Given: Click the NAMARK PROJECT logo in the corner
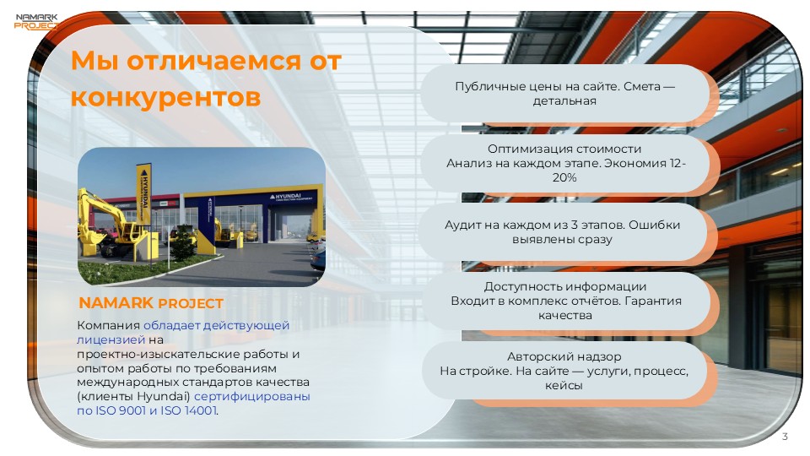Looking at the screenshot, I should coord(35,20).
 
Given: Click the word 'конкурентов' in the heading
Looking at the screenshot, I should coord(165,97).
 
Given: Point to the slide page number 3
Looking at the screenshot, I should coord(785,437).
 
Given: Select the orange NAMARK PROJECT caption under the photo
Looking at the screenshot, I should coord(151,303).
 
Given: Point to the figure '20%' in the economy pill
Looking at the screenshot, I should coord(564,177).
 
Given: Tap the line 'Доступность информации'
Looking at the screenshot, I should coord(564,287).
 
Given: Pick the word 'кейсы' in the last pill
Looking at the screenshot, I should coord(564,386).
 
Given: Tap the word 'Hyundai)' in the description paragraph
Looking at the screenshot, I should coord(165,396).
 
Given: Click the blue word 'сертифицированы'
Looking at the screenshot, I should coord(252,396).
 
